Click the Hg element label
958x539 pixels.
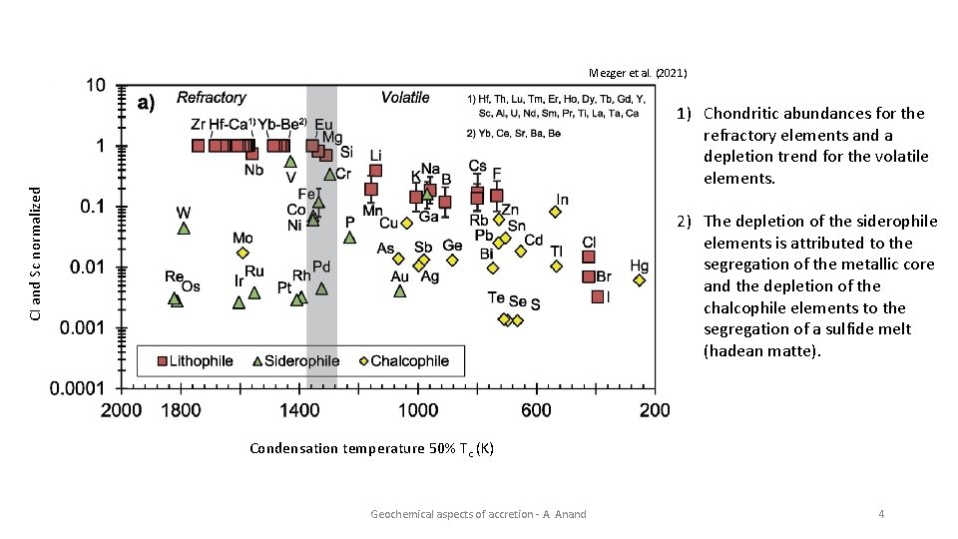(639, 266)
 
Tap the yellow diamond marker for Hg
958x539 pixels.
(639, 280)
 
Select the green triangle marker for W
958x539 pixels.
(184, 228)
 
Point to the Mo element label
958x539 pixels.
(242, 238)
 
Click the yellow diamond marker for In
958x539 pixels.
(555, 212)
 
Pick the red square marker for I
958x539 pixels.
(597, 296)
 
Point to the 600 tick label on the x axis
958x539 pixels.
(536, 409)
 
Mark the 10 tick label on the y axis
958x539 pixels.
(94, 86)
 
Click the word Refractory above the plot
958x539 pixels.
(212, 98)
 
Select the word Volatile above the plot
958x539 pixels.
(404, 98)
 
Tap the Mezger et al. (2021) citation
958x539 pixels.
(637, 74)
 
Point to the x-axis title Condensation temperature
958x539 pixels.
(370, 448)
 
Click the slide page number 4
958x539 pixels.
(880, 514)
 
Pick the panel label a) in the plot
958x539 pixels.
(146, 103)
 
